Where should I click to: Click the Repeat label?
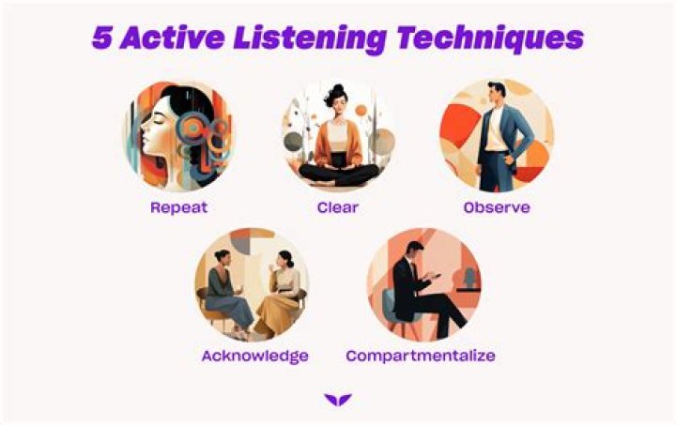click(179, 207)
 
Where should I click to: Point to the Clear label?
click(337, 207)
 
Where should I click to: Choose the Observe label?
click(496, 207)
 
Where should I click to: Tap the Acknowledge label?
click(254, 357)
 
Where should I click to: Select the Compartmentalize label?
click(420, 357)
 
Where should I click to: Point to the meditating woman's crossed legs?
click(337, 173)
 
